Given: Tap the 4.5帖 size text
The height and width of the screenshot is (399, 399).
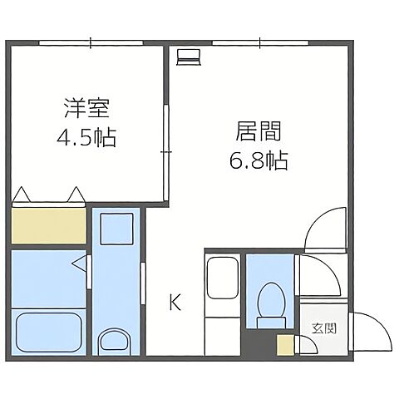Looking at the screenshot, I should (86, 135).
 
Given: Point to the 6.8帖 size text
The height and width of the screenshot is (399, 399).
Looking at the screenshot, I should (258, 160).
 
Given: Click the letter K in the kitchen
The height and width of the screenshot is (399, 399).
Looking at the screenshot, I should (175, 302).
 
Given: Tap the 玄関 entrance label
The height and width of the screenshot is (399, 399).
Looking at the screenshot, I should (324, 328).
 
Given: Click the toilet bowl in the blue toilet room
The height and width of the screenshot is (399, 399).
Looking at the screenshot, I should (269, 302).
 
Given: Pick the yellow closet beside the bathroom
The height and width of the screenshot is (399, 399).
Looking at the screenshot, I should (49, 225).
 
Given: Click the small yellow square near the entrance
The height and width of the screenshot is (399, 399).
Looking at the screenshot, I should (285, 345).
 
